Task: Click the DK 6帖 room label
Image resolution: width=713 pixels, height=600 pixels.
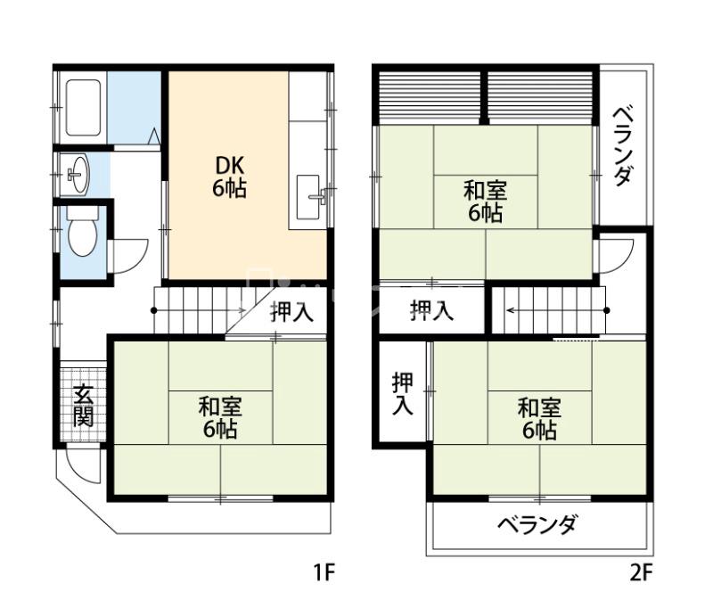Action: click(229, 177)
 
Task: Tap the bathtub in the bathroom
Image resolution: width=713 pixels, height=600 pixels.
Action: click(83, 107)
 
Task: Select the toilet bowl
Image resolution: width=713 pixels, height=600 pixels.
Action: click(82, 232)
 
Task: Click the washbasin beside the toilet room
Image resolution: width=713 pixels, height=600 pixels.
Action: click(78, 175)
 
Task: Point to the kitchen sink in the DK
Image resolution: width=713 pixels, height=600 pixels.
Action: click(308, 197)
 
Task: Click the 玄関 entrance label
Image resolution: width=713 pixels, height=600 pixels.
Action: click(84, 406)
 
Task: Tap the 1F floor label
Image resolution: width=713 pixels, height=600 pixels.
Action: click(324, 572)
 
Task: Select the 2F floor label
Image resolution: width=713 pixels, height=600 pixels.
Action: click(641, 572)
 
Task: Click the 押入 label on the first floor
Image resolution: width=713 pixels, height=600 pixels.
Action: click(291, 312)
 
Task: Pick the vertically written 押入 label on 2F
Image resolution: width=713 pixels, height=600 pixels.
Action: click(403, 394)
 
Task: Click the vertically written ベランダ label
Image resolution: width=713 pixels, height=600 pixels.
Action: click(621, 146)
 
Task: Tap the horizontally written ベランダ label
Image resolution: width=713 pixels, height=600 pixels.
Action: click(537, 525)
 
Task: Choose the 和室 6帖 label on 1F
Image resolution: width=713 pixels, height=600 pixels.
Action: click(220, 417)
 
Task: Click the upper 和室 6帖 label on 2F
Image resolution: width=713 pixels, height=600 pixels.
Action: click(485, 201)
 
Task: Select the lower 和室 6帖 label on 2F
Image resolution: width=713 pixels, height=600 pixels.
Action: click(539, 418)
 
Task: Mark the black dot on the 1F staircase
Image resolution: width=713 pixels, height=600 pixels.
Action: click(153, 310)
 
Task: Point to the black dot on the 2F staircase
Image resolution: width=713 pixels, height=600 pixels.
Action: click(607, 310)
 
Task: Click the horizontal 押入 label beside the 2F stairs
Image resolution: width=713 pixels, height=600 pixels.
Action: click(431, 310)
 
